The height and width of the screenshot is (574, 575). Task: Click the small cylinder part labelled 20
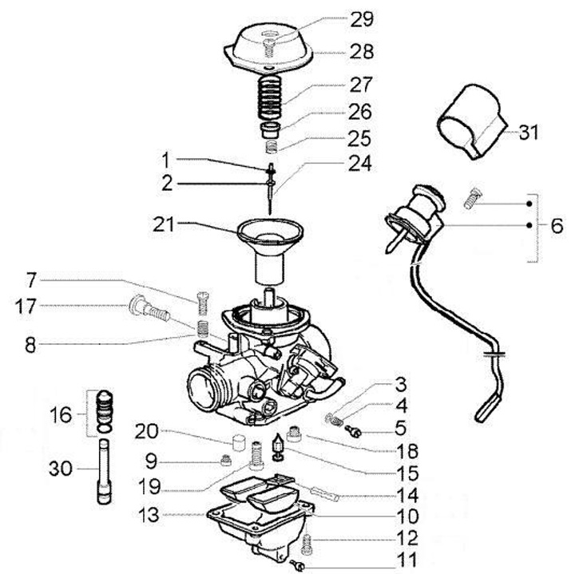tap(236, 444)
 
